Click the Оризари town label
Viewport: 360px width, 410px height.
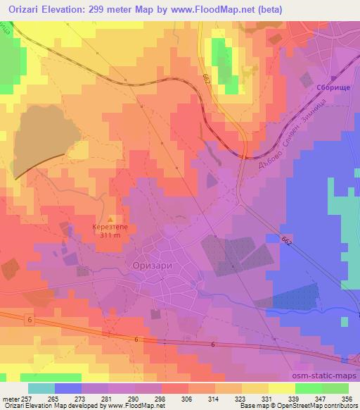coord(152,264)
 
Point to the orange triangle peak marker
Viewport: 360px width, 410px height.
coord(118,218)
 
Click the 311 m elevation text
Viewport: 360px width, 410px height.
coord(110,237)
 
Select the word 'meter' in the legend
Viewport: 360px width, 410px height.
coord(11,398)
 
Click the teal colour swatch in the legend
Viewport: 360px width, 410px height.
coord(41,388)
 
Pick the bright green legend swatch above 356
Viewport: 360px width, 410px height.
coord(335,388)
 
